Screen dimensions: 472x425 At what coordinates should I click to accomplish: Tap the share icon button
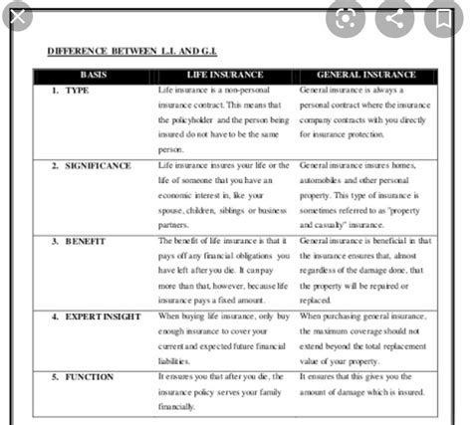pyautogui.click(x=395, y=18)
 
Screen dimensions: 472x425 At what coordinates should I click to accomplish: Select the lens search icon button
pyautogui.click(x=347, y=18)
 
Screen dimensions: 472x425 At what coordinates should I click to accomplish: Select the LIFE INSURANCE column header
pyautogui.click(x=225, y=76)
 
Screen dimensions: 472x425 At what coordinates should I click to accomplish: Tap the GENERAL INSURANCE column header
pyautogui.click(x=365, y=76)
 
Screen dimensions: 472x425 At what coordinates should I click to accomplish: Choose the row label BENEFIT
pyautogui.click(x=83, y=241)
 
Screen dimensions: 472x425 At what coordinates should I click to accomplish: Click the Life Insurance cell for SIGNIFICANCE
pyautogui.click(x=224, y=194)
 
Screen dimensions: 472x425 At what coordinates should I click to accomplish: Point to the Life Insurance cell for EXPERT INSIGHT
pyautogui.click(x=224, y=337)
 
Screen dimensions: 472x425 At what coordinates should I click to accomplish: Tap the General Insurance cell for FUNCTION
pyautogui.click(x=364, y=385)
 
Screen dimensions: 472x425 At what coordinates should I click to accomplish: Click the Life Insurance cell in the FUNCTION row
pyautogui.click(x=224, y=392)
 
